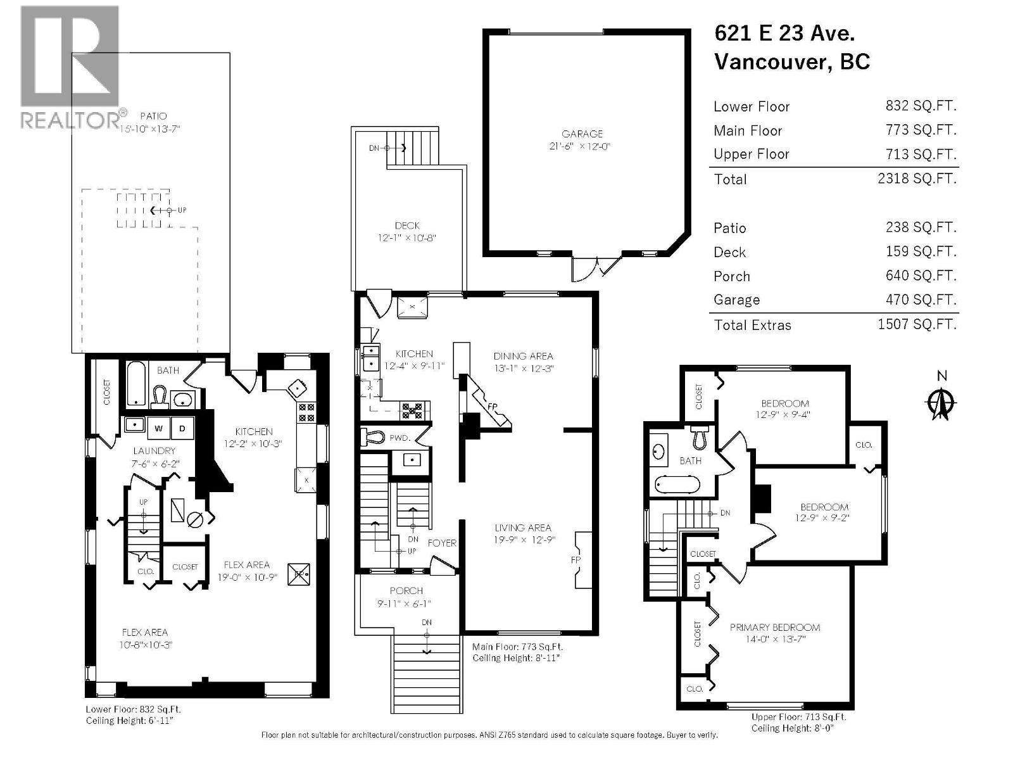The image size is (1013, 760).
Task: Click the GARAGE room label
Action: coord(582,134)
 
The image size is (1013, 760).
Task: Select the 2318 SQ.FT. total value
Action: coord(916,179)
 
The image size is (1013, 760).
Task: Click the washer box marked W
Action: coord(159,429)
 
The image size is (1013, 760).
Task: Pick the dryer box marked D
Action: coord(182,429)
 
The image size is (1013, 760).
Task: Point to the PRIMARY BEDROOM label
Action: coord(774,627)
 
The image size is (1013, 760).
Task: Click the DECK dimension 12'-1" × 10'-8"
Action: coord(407,238)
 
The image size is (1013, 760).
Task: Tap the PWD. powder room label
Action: coord(400,438)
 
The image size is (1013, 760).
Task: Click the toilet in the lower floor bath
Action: coord(158,397)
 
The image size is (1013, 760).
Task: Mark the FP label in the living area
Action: coord(576,560)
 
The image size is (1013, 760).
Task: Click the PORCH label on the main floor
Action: coord(406,591)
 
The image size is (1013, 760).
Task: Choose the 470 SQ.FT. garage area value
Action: coord(921,300)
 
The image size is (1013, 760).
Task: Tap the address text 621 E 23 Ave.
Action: coord(784,33)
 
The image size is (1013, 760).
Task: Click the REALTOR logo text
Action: coord(70,120)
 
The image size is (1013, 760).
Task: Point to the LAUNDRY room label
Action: coord(154,451)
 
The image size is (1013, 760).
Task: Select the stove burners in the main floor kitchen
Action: coord(412,411)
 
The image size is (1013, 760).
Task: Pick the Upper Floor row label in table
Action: coord(751,155)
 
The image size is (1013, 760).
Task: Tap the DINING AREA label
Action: coord(523,356)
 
